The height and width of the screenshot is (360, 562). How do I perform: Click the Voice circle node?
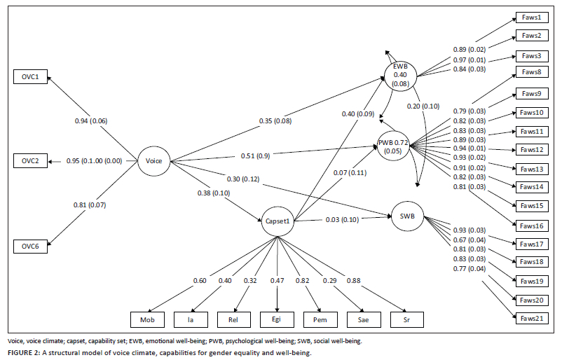pos(153,161)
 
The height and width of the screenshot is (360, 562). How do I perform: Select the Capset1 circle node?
pos(277,221)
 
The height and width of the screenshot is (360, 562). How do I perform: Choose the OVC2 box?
pos(30,161)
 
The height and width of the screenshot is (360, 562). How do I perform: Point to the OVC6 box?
pos(30,246)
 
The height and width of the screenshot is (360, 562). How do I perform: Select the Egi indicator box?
pos(277,320)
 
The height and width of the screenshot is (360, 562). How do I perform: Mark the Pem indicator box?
pos(319,320)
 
